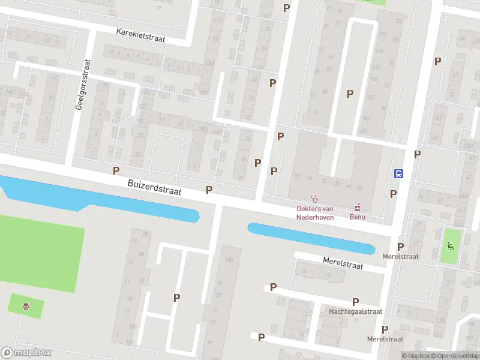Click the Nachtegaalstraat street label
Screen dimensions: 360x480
click(x=355, y=312)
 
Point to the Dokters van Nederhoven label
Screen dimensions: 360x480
click(x=315, y=213)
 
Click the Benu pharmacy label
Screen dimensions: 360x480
click(x=358, y=217)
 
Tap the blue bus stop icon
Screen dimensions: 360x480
click(x=398, y=173)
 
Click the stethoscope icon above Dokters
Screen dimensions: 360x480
click(x=314, y=199)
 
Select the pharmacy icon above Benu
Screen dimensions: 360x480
click(x=358, y=208)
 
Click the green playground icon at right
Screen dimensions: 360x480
click(x=450, y=245)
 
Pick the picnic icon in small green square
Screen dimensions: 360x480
click(x=26, y=307)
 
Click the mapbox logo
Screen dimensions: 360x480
click(x=26, y=353)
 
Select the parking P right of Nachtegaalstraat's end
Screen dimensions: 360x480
click(x=355, y=302)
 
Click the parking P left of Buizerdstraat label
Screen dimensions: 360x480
click(x=116, y=170)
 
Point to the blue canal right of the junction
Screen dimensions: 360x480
click(x=309, y=237)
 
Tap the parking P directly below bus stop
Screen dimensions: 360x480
click(x=394, y=194)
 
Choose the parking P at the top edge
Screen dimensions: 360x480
click(x=286, y=8)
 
